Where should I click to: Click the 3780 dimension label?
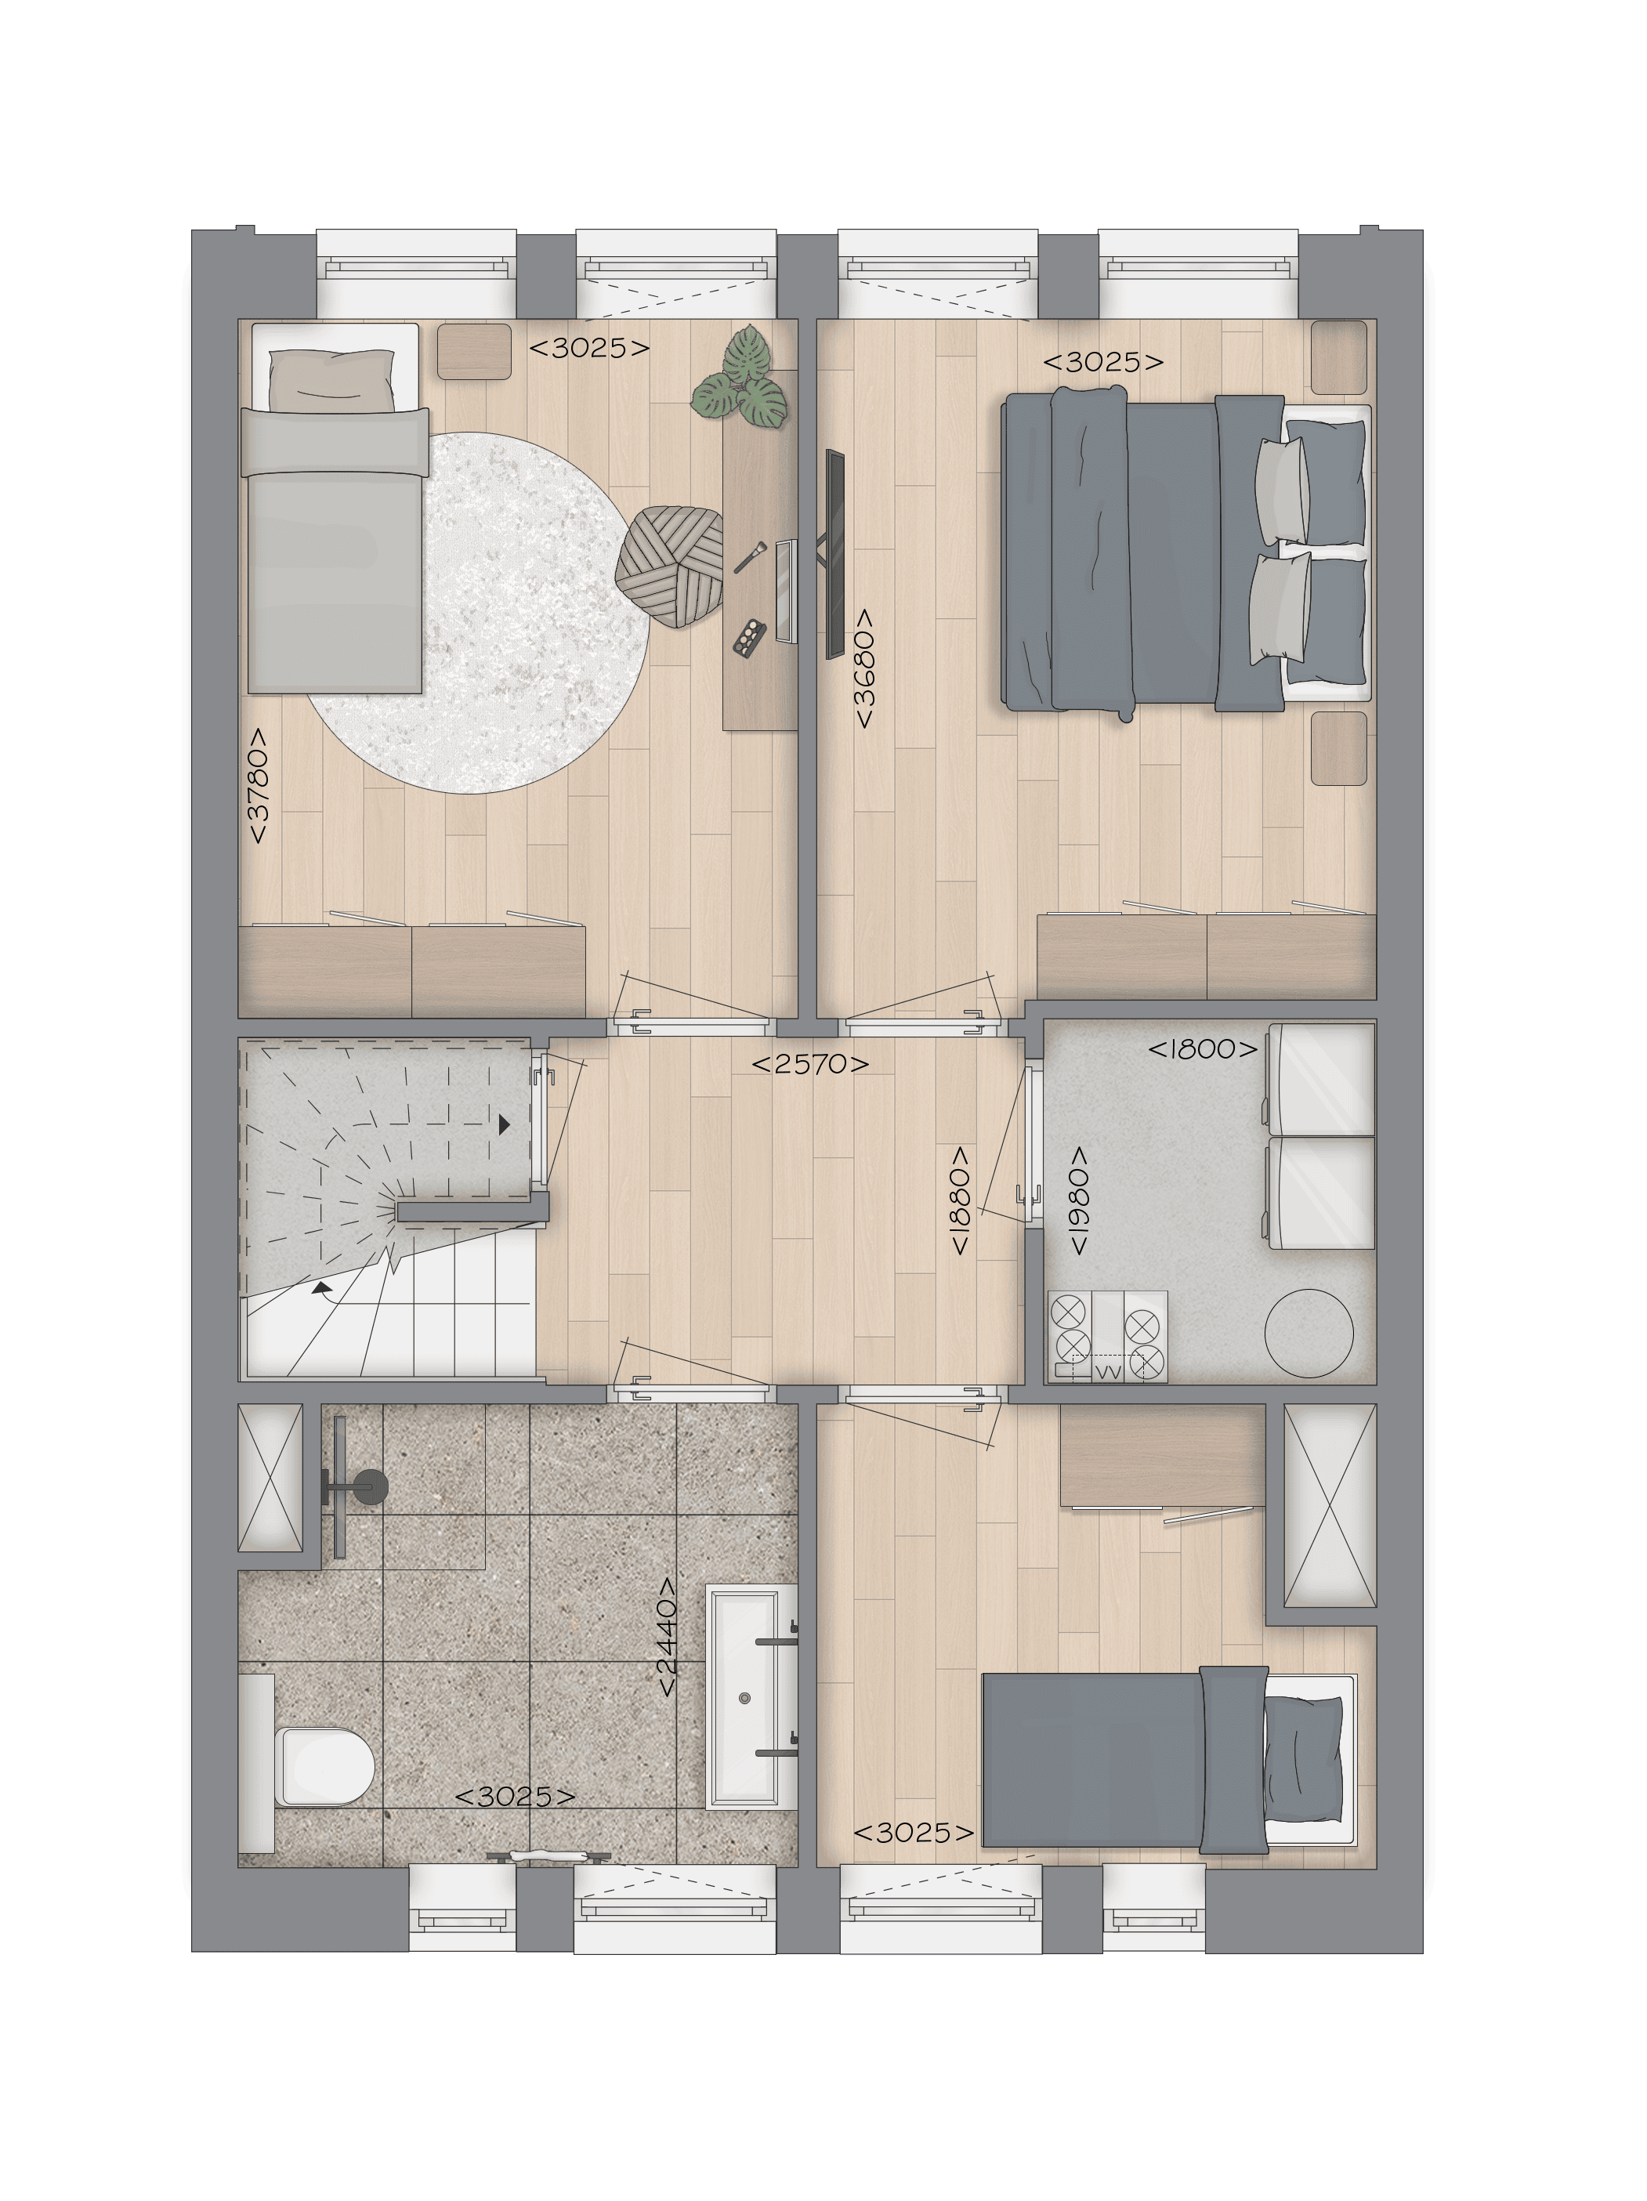[x=259, y=786]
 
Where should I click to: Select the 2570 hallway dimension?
[x=810, y=1064]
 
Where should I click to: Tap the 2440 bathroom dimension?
[x=667, y=1637]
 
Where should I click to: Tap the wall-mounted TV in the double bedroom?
[x=834, y=553]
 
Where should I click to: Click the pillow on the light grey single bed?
[x=331, y=379]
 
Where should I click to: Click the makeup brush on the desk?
[x=749, y=556]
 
